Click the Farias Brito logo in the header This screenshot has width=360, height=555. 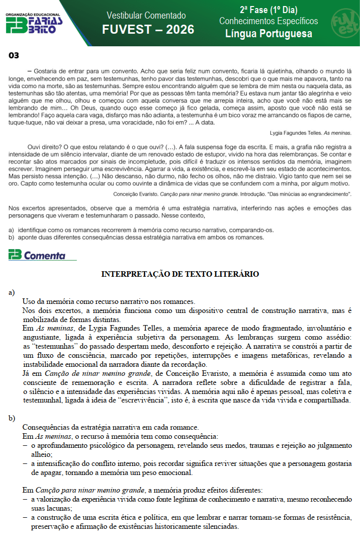(x=34, y=23)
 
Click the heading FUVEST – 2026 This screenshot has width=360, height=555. (x=148, y=30)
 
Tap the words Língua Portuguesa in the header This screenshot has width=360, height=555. (x=268, y=34)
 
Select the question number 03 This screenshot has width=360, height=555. (x=13, y=55)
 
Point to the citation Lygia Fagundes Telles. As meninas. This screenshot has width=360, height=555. (x=310, y=133)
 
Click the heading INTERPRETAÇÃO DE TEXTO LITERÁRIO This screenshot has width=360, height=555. (x=180, y=274)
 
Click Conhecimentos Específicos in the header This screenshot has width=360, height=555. (x=268, y=21)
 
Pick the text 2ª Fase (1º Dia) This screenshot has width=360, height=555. (x=268, y=10)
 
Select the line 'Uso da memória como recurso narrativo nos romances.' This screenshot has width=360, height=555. (x=109, y=301)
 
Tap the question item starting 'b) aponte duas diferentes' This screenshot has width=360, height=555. (x=136, y=237)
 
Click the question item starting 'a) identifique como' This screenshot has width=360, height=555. (x=141, y=230)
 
